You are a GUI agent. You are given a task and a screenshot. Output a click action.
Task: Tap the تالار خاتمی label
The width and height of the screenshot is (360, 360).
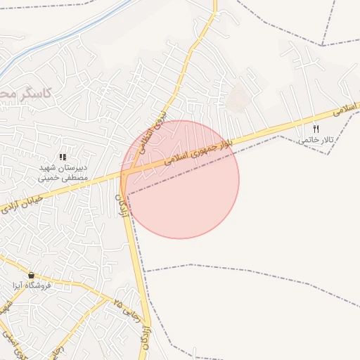click(x=314, y=140)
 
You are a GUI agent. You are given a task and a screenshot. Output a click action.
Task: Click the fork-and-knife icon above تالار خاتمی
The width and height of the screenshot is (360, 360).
click(x=316, y=129)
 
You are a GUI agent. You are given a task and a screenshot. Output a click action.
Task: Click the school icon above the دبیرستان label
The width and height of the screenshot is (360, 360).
click(x=63, y=157)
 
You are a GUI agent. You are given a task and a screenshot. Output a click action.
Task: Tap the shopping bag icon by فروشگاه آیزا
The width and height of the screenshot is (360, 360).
click(x=31, y=274)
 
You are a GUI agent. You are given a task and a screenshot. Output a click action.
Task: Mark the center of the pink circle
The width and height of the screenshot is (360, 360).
click(x=180, y=179)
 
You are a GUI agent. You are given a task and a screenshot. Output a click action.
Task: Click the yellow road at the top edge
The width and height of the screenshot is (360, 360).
click(x=214, y=6)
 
